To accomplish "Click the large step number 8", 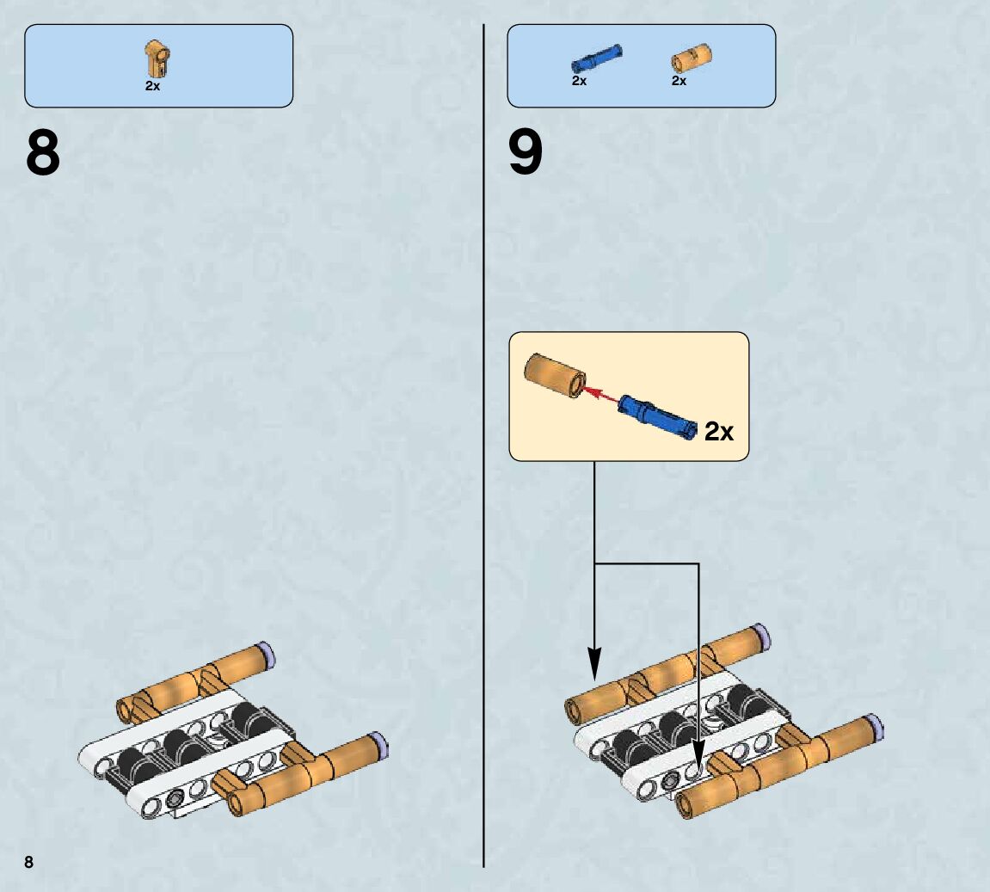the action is [43, 152].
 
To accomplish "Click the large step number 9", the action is [526, 152].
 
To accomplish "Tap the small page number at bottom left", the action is [28, 861].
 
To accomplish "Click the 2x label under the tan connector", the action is [152, 86].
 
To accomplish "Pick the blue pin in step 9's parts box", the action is [596, 58].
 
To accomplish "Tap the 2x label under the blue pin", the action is [579, 81].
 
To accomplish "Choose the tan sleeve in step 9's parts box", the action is [691, 58].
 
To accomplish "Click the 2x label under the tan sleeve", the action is [679, 81].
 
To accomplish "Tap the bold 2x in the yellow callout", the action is [719, 431].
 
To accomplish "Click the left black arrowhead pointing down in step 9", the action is [594, 661].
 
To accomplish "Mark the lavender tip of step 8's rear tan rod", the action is [267, 651].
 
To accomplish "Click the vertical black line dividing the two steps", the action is [483, 430].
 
